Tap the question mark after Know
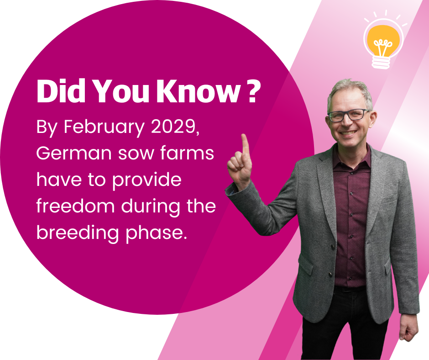click(x=252, y=91)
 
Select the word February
click(x=104, y=127)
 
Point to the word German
click(x=74, y=153)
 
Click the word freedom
click(x=75, y=206)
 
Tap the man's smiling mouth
click(x=348, y=133)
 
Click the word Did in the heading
click(x=61, y=91)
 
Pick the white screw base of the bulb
click(x=381, y=62)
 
